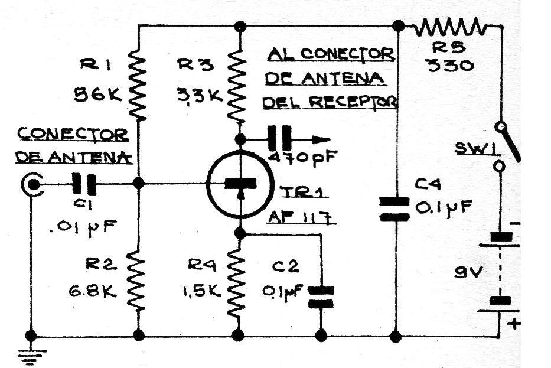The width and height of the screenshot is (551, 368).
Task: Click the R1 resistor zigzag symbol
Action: pyautogui.click(x=138, y=85)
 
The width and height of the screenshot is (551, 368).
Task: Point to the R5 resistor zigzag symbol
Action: pyautogui.click(x=451, y=27)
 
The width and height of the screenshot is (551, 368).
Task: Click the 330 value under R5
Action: pyautogui.click(x=449, y=66)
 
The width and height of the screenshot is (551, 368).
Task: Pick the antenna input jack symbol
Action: pyautogui.click(x=32, y=184)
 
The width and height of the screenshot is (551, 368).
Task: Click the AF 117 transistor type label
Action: pyautogui.click(x=301, y=217)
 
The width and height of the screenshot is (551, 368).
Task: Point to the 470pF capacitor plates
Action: pyautogui.click(x=280, y=139)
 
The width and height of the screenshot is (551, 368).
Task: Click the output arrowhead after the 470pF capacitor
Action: pyautogui.click(x=322, y=139)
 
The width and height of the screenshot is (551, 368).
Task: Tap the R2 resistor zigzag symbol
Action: pyautogui.click(x=138, y=281)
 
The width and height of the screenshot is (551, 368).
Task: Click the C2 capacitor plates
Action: pyautogui.click(x=321, y=297)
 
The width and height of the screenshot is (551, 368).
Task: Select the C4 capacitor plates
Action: pyautogui.click(x=394, y=209)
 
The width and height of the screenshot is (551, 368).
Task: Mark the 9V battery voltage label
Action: pyautogui.click(x=468, y=272)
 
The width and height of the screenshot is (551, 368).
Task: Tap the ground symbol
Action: pyautogui.click(x=31, y=356)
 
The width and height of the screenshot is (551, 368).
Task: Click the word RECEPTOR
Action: pyautogui.click(x=353, y=102)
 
